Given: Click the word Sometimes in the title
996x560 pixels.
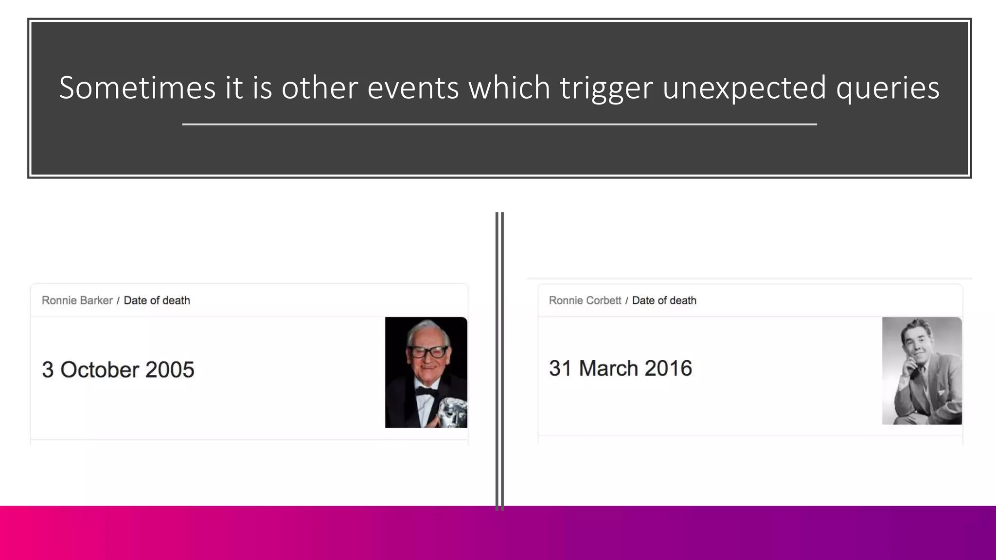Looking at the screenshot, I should [137, 88].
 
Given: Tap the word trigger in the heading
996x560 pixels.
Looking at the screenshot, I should [606, 88].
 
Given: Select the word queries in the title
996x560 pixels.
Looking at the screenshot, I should [888, 88].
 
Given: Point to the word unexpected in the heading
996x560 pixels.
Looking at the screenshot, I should [744, 88].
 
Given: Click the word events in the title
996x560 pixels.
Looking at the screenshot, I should [413, 88].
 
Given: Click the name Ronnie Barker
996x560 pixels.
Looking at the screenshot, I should [77, 300].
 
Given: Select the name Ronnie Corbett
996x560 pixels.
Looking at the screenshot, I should [585, 300].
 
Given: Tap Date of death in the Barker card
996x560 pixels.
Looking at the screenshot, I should [157, 300].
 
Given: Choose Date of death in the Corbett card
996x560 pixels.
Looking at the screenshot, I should [664, 300].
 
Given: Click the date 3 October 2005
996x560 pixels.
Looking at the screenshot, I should [118, 370].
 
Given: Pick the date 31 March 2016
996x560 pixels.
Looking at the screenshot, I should [620, 368].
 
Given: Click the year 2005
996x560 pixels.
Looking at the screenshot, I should [170, 370].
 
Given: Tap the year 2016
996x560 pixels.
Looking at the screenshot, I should [668, 368].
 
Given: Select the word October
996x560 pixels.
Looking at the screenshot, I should [100, 370].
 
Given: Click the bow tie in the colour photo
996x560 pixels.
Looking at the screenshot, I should [425, 391].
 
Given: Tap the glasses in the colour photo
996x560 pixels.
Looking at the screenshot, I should [428, 351].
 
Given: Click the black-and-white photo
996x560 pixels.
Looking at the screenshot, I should [922, 370].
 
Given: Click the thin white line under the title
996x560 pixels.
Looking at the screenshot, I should [499, 124].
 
